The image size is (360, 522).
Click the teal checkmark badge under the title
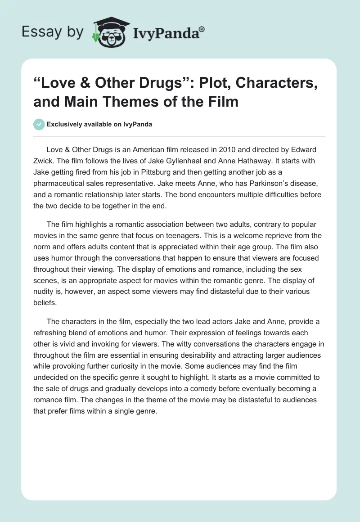coord(39,124)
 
